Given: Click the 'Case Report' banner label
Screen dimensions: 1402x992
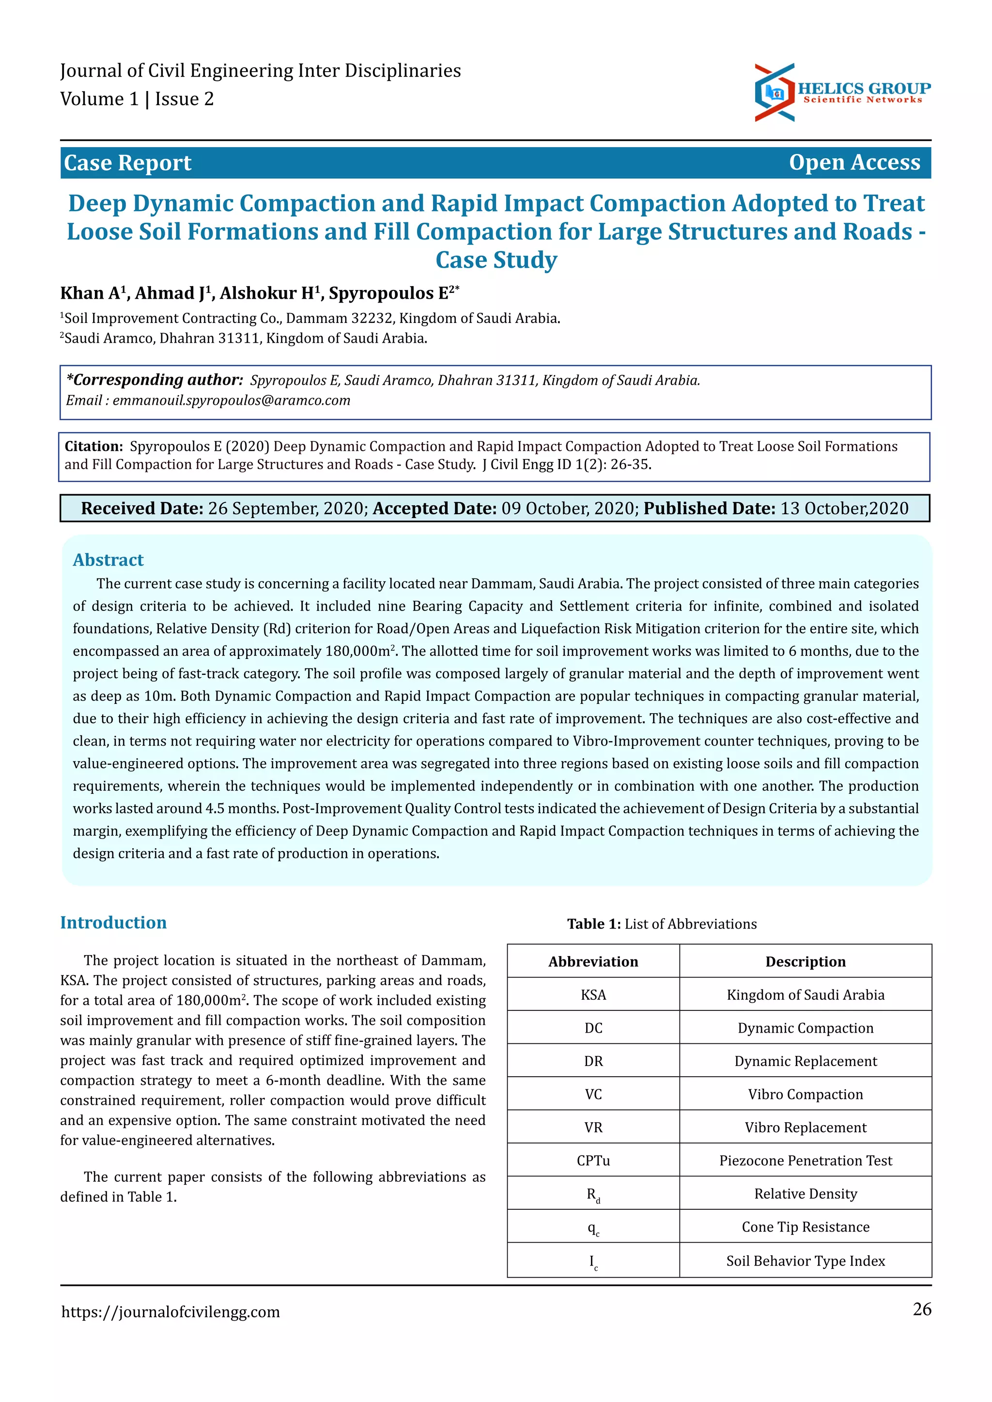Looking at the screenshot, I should point(128,163).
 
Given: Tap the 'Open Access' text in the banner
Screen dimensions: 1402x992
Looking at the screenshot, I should point(854,163).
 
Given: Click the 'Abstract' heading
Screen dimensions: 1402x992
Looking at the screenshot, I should point(108,560).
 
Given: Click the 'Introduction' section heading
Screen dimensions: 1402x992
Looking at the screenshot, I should point(113,923).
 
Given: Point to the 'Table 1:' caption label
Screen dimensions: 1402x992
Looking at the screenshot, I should point(593,924).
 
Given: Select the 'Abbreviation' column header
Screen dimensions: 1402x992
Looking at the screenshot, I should point(593,962).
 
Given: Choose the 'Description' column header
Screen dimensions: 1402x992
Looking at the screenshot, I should point(805,962).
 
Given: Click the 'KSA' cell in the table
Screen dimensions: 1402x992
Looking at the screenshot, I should point(593,995).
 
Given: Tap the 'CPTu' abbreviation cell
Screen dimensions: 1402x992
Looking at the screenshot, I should point(593,1161).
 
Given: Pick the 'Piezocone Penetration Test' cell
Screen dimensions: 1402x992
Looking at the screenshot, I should point(805,1161).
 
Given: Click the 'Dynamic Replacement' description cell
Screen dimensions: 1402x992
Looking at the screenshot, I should point(805,1061).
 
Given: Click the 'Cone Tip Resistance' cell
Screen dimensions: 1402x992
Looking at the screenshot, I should point(805,1227).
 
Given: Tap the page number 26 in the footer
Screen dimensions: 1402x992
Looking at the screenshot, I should point(922,1309).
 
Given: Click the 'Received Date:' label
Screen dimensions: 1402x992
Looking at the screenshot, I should point(142,509).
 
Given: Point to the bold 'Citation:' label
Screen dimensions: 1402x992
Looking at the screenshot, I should point(93,446).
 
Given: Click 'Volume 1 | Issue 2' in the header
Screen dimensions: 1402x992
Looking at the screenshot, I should point(137,99).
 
